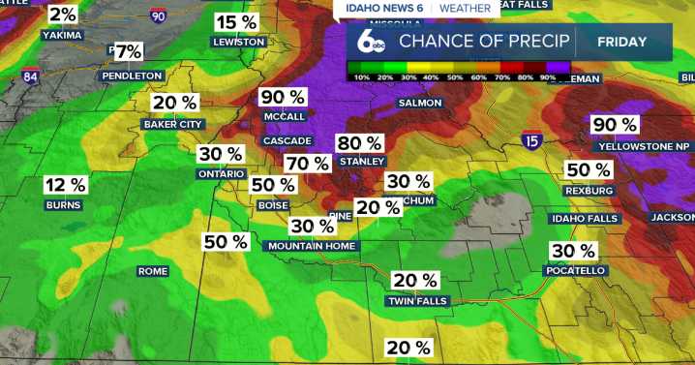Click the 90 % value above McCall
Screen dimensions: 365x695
(x=283, y=97)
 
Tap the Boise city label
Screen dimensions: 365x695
(x=273, y=205)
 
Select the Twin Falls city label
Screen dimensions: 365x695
(x=415, y=301)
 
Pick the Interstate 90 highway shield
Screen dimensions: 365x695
(x=159, y=15)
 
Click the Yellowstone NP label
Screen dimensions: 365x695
(x=643, y=146)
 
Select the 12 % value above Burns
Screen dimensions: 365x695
(x=65, y=185)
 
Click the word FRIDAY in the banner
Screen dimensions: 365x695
(x=622, y=42)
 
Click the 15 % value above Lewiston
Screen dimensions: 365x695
(x=238, y=22)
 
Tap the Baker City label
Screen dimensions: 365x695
(x=172, y=124)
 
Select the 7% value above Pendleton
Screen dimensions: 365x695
(x=128, y=51)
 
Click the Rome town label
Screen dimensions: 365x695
(x=152, y=271)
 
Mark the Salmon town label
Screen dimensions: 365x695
(x=420, y=103)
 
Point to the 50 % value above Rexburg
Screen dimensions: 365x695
(x=589, y=169)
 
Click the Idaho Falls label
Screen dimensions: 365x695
(x=584, y=219)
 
